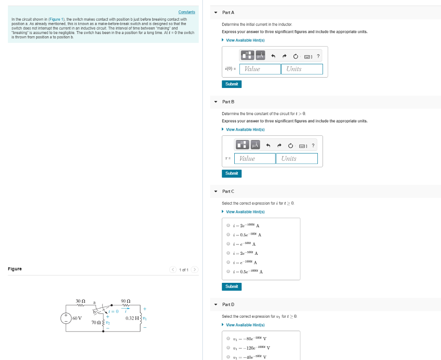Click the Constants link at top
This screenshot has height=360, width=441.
(x=186, y=12)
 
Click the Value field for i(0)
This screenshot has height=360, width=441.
(x=260, y=69)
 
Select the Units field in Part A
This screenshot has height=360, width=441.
(x=302, y=69)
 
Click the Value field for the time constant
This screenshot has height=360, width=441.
(x=255, y=159)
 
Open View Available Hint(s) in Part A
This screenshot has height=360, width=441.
(x=245, y=41)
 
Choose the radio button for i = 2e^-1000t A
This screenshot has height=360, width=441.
(x=228, y=225)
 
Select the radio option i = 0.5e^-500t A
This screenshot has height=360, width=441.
(x=228, y=235)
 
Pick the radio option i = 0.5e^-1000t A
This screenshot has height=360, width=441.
(x=228, y=272)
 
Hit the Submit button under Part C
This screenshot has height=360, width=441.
(x=231, y=287)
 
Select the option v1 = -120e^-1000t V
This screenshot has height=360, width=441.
(x=228, y=347)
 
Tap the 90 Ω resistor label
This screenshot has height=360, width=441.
(x=126, y=301)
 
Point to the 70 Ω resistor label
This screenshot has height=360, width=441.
(x=96, y=322)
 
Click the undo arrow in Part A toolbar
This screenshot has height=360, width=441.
(x=273, y=56)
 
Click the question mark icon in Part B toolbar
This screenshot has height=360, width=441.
(x=313, y=146)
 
